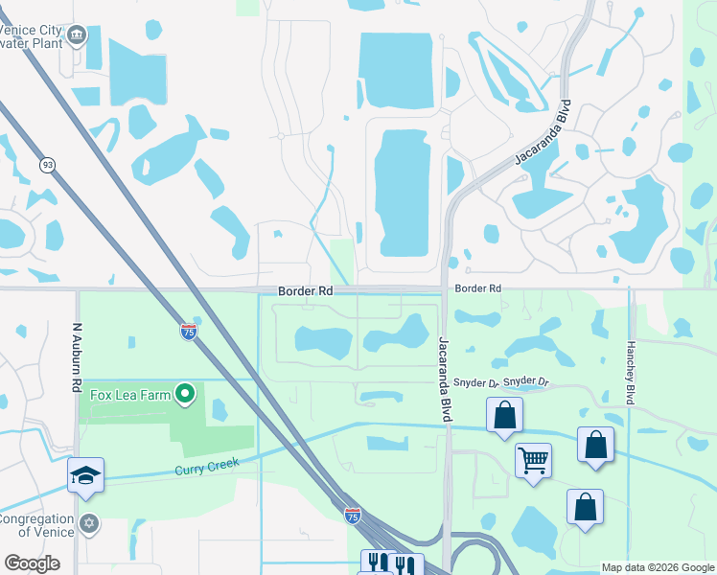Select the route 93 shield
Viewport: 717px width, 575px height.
pos(47,165)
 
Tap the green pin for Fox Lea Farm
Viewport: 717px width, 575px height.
pos(186,393)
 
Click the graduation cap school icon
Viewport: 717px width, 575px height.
pos(85,473)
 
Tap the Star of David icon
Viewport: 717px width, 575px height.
pos(89,523)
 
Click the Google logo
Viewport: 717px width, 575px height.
pos(32,563)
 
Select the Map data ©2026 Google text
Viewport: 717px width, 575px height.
pos(657,567)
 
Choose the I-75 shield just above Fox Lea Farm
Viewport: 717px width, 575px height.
pos(189,332)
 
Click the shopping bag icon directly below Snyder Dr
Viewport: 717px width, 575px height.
pos(504,415)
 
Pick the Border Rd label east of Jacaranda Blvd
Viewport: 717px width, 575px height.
pos(478,287)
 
